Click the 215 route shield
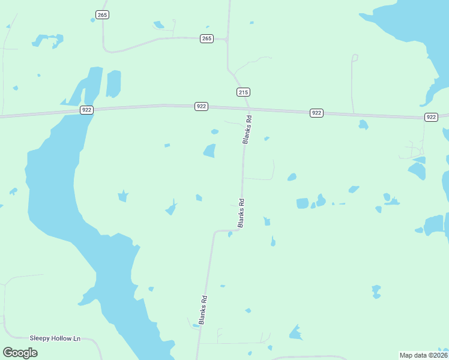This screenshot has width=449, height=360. coord(243,92)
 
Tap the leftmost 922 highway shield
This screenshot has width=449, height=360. coord(87,110)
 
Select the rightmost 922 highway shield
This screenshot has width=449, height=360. coord(431,117)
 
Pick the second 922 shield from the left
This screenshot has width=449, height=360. coord(201,106)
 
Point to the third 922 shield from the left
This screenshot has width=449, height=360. coord(316,113)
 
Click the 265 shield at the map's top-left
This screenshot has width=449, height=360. coord(101,14)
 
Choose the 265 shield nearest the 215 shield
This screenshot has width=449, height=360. coord(206,38)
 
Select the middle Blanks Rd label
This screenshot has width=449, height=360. coord(241,212)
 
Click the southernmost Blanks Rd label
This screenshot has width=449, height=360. coord(203,310)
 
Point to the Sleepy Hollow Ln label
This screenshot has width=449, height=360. coord(55,338)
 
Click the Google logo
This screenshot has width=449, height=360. coord(20,352)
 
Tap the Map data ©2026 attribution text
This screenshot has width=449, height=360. coord(423,355)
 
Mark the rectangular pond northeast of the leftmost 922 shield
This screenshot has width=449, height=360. coord(113,83)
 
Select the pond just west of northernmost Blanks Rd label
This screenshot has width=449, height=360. coord(209,151)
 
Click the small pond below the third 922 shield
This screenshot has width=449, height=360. coord(363,125)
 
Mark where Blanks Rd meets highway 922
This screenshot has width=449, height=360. coord(247,110)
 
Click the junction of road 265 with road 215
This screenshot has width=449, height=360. coord(228,40)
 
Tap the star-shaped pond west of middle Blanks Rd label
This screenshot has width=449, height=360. coord(122,196)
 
